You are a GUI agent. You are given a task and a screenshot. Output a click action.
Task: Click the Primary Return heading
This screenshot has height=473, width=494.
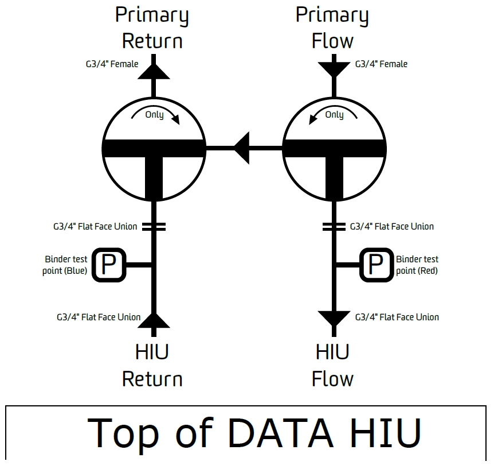[152, 28]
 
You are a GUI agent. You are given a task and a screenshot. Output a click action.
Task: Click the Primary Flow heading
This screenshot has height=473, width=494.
[332, 28]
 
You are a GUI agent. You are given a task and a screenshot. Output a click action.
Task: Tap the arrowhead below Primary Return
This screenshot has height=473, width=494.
[154, 71]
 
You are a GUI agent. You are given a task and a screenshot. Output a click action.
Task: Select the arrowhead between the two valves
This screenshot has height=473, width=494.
[242, 148]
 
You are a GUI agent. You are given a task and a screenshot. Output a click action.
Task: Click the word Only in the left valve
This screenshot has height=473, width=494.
[154, 115]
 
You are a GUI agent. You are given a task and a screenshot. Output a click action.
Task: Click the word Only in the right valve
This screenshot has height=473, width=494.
[334, 115]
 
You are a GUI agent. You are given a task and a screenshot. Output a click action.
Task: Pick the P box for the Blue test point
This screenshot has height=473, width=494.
[109, 265]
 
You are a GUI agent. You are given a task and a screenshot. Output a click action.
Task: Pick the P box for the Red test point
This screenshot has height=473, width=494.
[377, 265]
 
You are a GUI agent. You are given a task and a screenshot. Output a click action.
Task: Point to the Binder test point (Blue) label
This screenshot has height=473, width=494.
[65, 265]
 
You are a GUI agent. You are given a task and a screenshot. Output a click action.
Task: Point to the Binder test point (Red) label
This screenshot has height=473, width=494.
[417, 265]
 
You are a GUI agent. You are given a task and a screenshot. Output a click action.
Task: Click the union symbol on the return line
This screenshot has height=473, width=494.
[154, 227]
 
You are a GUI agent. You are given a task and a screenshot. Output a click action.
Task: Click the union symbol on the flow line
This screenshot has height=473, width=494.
[334, 227]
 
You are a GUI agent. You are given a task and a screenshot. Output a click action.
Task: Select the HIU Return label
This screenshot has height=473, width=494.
[152, 366]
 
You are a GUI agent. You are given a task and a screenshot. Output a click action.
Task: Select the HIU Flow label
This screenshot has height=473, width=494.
[332, 366]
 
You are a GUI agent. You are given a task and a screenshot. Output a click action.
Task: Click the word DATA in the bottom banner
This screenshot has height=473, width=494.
[280, 432]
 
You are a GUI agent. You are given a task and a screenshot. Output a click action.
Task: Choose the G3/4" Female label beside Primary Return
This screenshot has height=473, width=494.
[112, 64]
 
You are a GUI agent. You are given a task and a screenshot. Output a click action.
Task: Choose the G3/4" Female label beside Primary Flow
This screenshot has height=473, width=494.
[381, 64]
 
